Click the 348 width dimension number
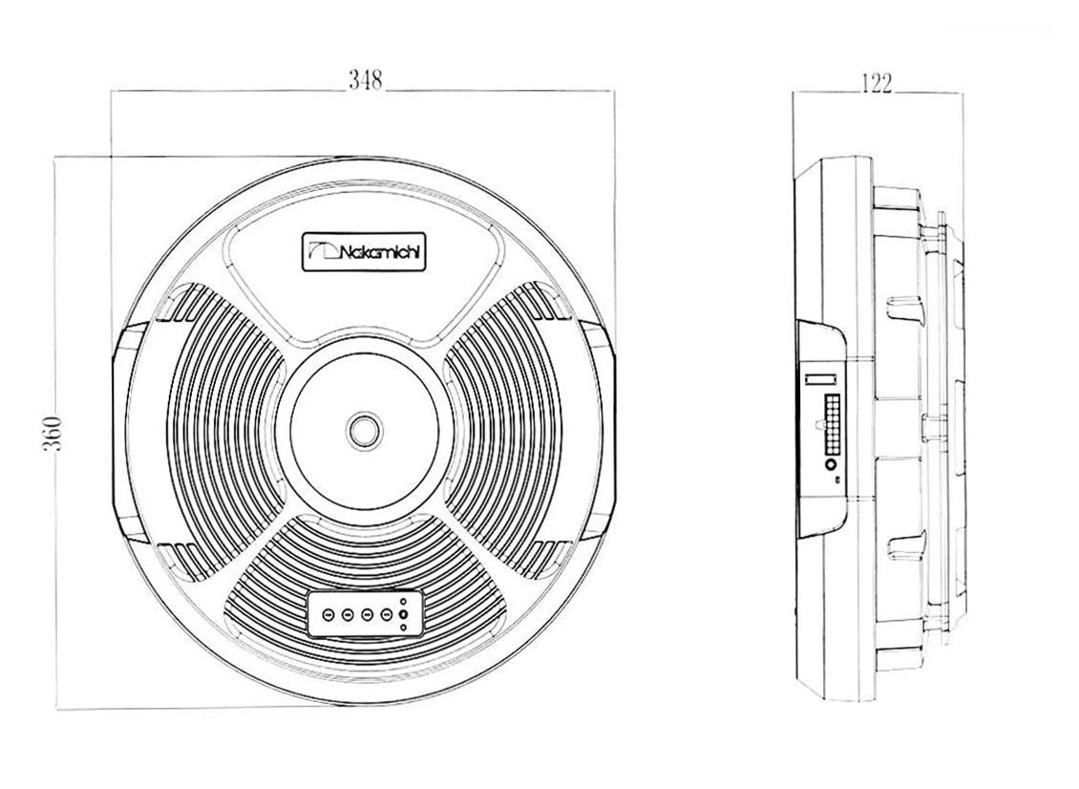pos(365,80)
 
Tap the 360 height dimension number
pos(53,434)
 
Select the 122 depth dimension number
pos(876,83)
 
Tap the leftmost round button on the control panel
pos(328,613)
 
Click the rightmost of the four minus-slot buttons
pos(387,612)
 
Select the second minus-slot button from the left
pos(348,613)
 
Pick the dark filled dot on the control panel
pos(403,614)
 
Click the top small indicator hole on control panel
pos(403,601)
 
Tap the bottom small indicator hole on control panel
pos(403,628)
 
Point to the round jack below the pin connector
pos(831,465)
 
